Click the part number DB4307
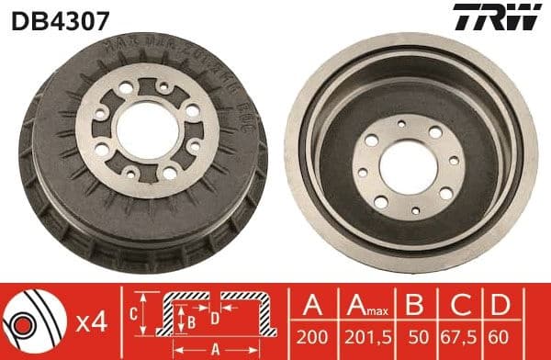tap(48, 18)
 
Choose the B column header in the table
tap(414, 306)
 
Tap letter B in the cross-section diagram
tap(191, 322)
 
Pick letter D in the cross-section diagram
tap(215, 318)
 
